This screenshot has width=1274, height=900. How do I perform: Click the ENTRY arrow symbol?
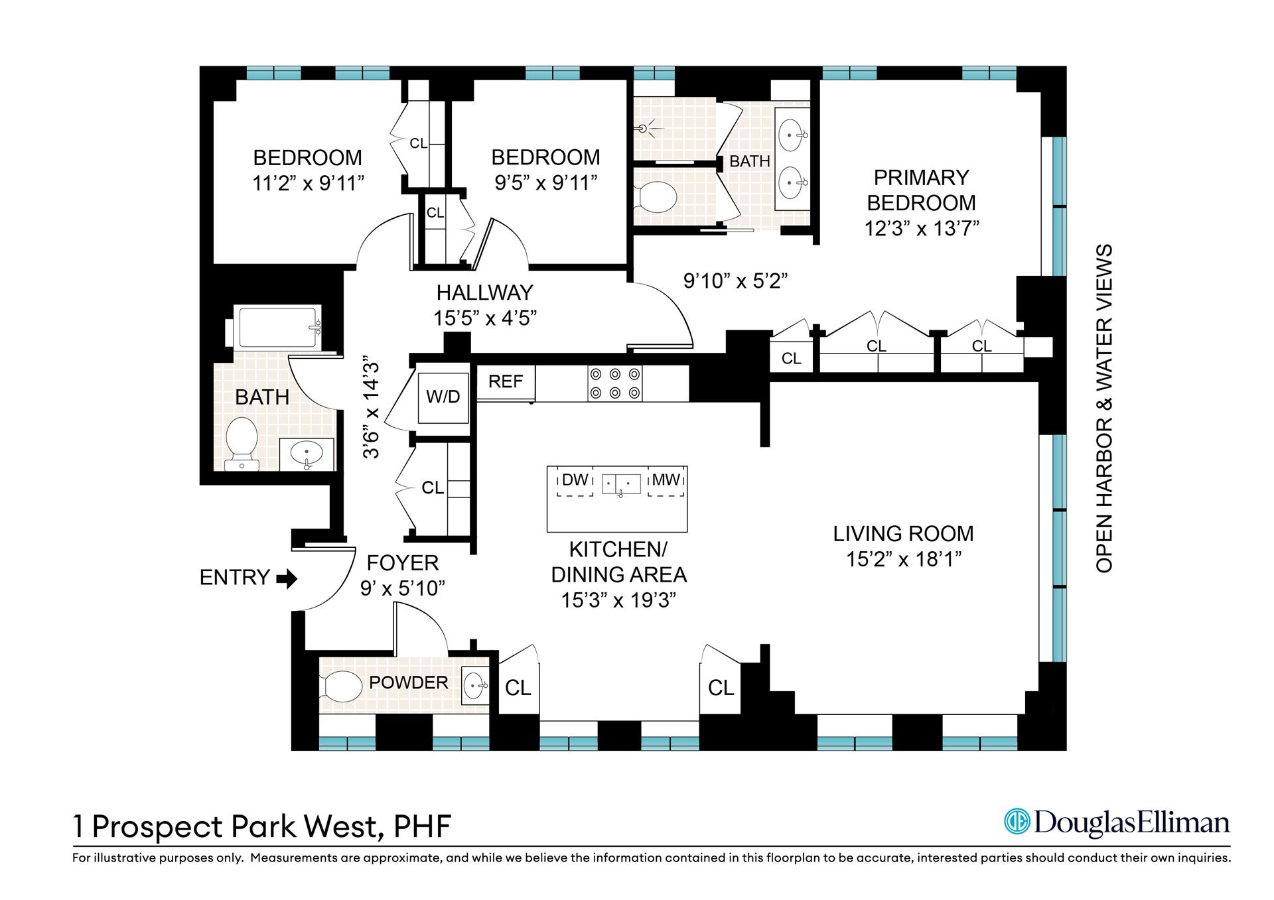point(287,579)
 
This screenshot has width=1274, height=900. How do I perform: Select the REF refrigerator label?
point(506,381)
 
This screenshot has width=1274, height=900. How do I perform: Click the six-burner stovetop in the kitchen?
point(615,383)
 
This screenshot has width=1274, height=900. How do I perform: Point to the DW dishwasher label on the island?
point(575,480)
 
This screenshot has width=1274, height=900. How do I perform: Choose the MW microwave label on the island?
point(666,480)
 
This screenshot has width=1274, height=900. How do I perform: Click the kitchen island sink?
point(621,484)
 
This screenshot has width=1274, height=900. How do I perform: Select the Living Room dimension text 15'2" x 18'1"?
point(903,560)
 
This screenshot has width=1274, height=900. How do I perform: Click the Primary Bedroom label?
point(921,190)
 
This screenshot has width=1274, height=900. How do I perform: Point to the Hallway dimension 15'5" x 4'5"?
point(484,318)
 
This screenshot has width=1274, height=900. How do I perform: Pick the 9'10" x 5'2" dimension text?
point(735,281)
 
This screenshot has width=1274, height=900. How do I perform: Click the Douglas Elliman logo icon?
point(1016,822)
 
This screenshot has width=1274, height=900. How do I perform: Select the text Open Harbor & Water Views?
point(1103,409)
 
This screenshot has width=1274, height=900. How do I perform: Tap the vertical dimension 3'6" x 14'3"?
point(372,409)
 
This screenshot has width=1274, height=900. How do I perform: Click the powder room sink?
point(474,685)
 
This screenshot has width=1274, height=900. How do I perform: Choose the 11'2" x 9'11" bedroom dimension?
point(308,183)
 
